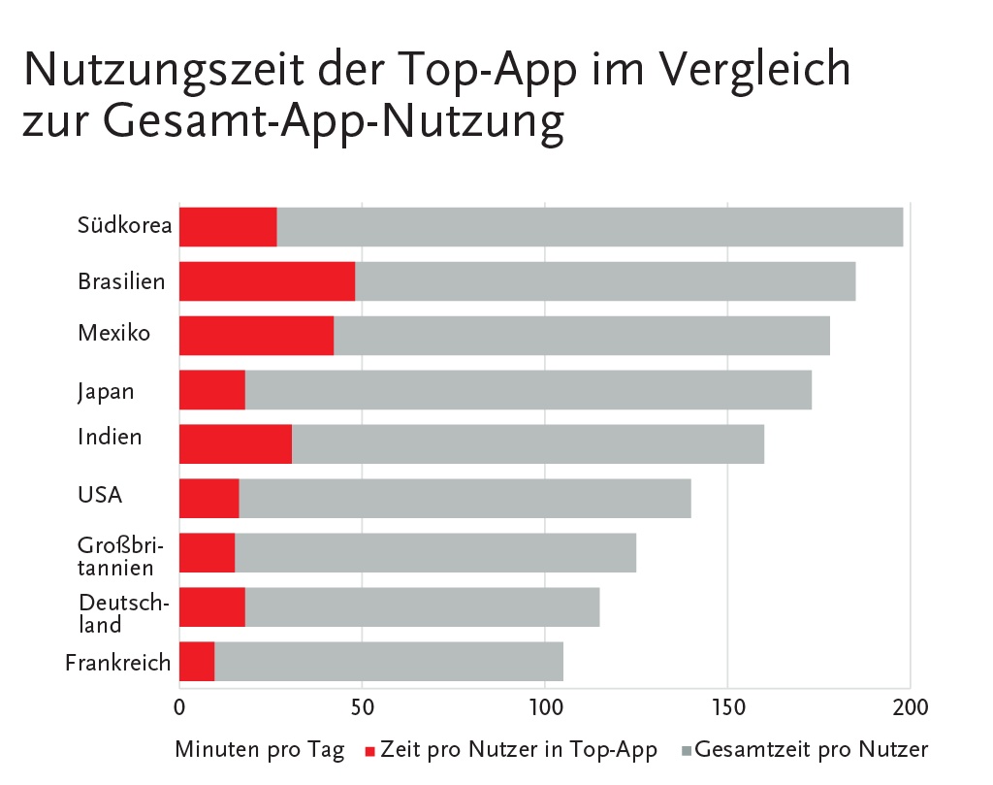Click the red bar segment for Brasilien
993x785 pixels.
point(267,281)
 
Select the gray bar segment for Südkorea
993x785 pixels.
point(590,227)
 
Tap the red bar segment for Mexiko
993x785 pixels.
point(256,336)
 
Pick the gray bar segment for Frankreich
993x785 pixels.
point(388,662)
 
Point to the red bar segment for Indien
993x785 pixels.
point(236,444)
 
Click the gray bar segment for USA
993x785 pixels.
point(464,499)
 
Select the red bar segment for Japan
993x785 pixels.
point(212,390)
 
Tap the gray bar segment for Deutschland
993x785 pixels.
point(422,607)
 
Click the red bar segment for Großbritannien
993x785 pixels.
point(208,553)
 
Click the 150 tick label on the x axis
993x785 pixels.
point(727,705)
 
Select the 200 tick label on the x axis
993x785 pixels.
point(910,705)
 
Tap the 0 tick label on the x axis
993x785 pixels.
point(179,705)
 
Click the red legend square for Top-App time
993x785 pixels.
point(368,751)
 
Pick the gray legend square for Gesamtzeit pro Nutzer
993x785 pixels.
point(686,751)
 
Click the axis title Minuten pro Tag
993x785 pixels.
point(259,750)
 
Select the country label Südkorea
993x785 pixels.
point(125,226)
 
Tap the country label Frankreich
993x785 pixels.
point(118,663)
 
